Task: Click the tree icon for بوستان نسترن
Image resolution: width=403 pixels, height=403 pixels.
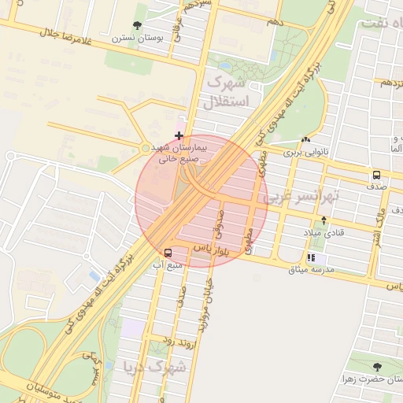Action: [x=139, y=25]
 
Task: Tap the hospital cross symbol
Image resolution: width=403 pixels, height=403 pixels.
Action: [x=179, y=136]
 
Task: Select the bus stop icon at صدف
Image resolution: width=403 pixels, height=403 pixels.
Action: [x=376, y=176]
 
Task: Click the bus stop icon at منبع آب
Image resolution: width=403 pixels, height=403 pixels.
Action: [x=168, y=253]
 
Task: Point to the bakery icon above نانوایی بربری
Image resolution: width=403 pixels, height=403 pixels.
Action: [x=305, y=139]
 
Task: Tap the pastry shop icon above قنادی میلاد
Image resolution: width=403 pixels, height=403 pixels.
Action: [x=324, y=221]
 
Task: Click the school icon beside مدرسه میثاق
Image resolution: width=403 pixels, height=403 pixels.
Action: [x=312, y=257]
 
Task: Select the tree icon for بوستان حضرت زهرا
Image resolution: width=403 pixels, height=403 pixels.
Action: [x=376, y=367]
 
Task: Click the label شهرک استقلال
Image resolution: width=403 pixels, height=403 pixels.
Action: [x=226, y=92]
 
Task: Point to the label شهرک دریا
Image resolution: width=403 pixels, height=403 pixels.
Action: [x=155, y=367]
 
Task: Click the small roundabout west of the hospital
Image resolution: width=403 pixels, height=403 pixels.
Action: [x=145, y=148]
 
